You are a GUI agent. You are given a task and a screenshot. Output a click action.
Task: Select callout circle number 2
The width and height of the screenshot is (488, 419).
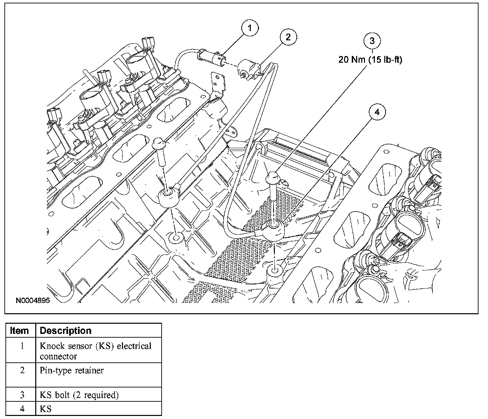tap(288, 37)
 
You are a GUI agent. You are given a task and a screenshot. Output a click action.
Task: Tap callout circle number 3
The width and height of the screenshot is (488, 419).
tap(372, 41)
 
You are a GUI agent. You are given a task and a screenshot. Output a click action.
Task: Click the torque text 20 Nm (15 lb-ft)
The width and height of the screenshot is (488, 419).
tap(370, 60)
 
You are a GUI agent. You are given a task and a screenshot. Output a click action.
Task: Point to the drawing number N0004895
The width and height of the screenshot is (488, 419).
tap(33, 301)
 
